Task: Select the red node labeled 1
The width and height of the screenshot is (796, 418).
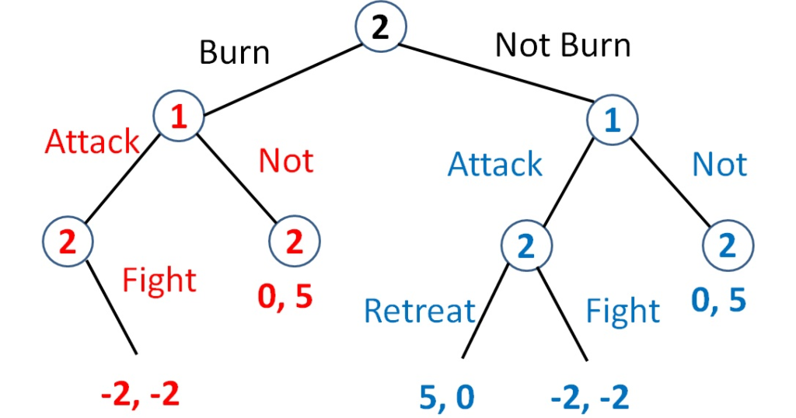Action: click(x=178, y=118)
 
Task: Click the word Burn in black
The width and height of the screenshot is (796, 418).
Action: click(x=234, y=52)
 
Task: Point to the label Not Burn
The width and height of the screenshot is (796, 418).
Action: click(x=563, y=46)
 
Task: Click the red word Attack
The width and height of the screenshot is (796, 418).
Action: click(x=92, y=142)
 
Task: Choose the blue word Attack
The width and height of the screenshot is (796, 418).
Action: click(x=495, y=165)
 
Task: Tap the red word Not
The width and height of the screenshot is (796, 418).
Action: click(x=286, y=161)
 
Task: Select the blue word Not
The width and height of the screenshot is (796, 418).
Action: click(x=719, y=165)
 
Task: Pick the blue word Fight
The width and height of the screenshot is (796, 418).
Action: click(x=623, y=312)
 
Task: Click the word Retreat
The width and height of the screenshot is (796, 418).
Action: click(x=419, y=312)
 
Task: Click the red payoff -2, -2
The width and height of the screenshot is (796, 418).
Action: click(x=141, y=395)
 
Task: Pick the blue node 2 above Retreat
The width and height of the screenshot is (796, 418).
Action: click(x=525, y=246)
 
